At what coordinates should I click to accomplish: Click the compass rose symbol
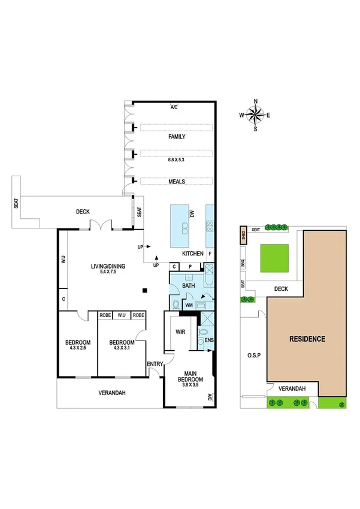pyautogui.click(x=256, y=114)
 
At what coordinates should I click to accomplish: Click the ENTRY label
pyautogui.click(x=155, y=363)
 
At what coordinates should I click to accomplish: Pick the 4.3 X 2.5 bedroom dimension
pyautogui.click(x=77, y=348)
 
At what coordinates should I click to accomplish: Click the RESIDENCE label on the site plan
pyautogui.click(x=307, y=338)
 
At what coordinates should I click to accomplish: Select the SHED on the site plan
pyautogui.click(x=243, y=234)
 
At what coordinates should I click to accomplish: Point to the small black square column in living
pyautogui.click(x=144, y=291)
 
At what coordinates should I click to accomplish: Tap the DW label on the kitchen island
pyautogui.click(x=192, y=214)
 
